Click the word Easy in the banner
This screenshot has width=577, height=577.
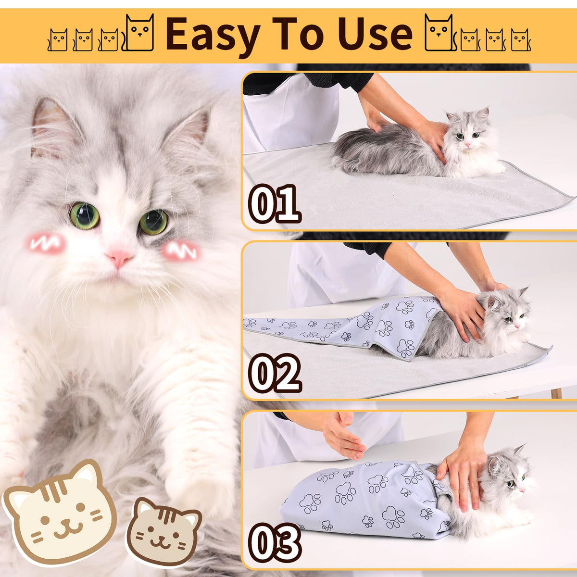coord(213,35)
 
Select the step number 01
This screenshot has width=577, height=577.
coord(274,204)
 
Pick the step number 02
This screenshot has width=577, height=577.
coord(275,373)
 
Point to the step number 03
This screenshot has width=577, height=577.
coord(275,543)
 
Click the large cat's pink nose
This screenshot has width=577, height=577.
coord(119,258)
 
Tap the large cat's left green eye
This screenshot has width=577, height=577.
coord(85,215)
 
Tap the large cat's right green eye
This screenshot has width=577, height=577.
coord(153,222)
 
